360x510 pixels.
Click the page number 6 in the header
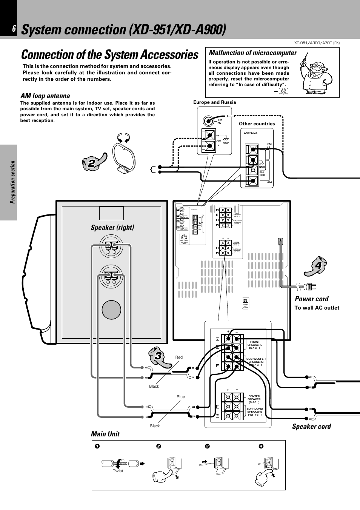coord(14,29)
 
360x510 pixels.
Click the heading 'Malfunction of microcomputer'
coord(253,53)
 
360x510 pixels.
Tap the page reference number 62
coord(283,91)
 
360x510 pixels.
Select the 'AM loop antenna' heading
coord(45,96)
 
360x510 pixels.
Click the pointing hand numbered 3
coord(160,356)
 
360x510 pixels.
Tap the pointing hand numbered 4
coord(316,266)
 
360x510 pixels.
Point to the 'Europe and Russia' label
coord(214,102)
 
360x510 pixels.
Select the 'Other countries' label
coord(257,124)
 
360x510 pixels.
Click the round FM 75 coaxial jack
coord(208,121)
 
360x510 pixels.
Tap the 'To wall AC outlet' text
coord(317,308)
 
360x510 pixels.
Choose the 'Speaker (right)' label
coord(112,227)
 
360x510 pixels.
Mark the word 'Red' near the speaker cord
coord(179,357)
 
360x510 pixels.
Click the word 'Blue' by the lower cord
coord(181,397)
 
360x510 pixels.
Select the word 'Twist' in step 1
coord(118,471)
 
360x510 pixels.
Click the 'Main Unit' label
coord(105,434)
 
